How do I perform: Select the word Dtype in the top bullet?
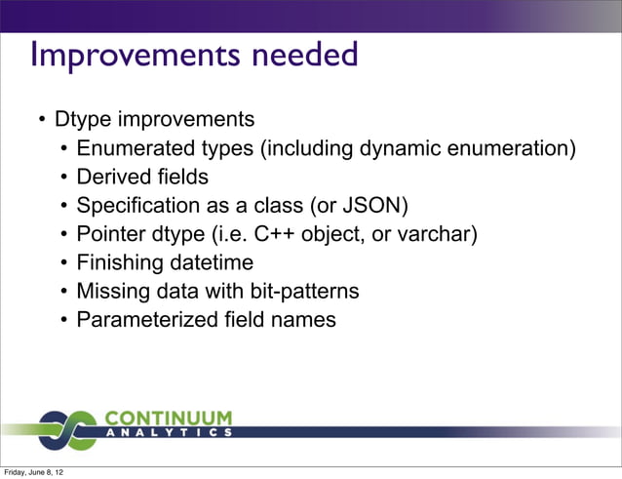(84, 120)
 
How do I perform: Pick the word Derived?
(113, 178)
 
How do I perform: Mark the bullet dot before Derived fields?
(63, 179)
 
